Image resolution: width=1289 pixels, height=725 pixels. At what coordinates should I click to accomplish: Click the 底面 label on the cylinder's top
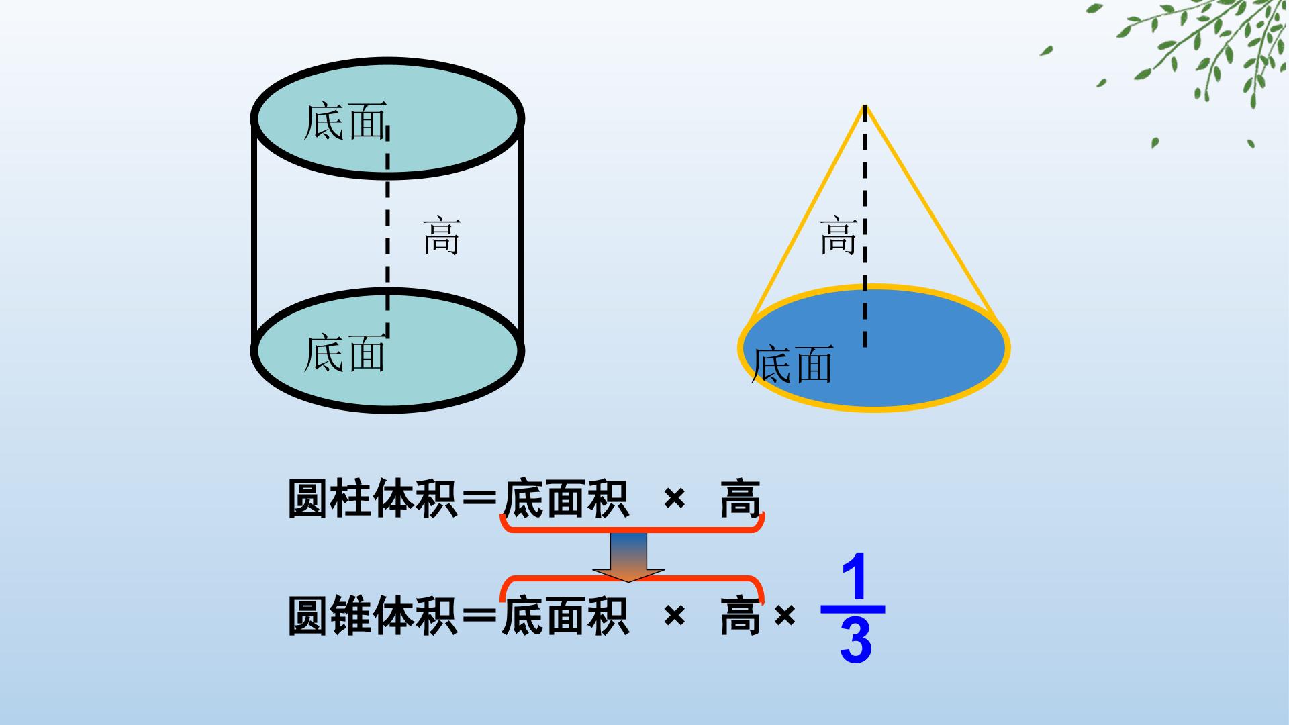point(345,122)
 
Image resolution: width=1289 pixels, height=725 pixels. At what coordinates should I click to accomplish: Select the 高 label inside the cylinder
point(441,236)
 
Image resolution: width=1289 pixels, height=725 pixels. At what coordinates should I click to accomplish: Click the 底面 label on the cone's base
point(792,365)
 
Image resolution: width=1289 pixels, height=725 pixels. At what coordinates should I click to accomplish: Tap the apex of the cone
point(865,105)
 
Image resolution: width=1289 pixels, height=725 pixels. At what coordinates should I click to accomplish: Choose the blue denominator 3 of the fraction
point(855,640)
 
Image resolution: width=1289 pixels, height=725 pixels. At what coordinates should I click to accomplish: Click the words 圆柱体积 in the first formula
point(373,499)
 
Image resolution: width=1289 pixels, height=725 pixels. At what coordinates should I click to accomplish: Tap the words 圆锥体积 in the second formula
point(373,616)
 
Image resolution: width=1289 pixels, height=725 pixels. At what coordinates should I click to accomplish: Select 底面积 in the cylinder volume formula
point(565,499)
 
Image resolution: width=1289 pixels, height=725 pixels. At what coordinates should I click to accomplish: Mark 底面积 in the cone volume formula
point(565,616)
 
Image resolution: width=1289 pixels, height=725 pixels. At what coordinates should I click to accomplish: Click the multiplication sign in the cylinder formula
point(674,499)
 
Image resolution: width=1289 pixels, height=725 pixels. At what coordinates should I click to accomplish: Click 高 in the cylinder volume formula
point(741,499)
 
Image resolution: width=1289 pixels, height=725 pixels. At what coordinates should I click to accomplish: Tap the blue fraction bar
point(853,610)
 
